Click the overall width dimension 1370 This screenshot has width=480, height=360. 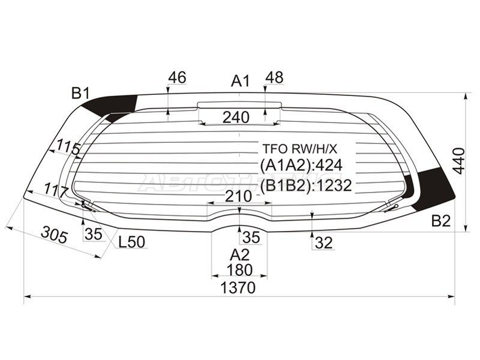pyautogui.click(x=238, y=288)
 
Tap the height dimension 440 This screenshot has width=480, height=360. pyautogui.click(x=459, y=161)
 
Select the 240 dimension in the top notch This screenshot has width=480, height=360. pyautogui.click(x=236, y=117)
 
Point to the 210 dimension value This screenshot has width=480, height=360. pyautogui.click(x=238, y=196)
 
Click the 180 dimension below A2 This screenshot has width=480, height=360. pyautogui.click(x=239, y=270)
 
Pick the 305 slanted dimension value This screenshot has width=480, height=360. pyautogui.click(x=54, y=235)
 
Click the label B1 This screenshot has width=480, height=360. pyautogui.click(x=80, y=93)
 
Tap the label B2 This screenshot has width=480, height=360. pyautogui.click(x=441, y=221)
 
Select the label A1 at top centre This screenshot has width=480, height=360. pyautogui.click(x=241, y=82)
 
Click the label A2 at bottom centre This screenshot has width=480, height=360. pyautogui.click(x=240, y=254)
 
